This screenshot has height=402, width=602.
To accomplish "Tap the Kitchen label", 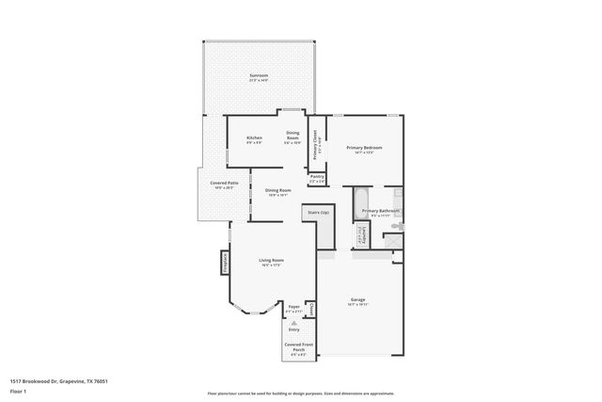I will pos(254,138).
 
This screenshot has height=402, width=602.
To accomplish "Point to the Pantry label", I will pos(317,176).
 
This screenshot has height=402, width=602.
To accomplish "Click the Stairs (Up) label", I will pos(318,213).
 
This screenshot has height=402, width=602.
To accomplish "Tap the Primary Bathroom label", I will pos(381,211).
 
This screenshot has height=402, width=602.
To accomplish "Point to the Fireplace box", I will pos(226,262).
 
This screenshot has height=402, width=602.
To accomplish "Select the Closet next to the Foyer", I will pos(310,309).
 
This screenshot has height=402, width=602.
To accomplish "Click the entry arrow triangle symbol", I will pos(293,323).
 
